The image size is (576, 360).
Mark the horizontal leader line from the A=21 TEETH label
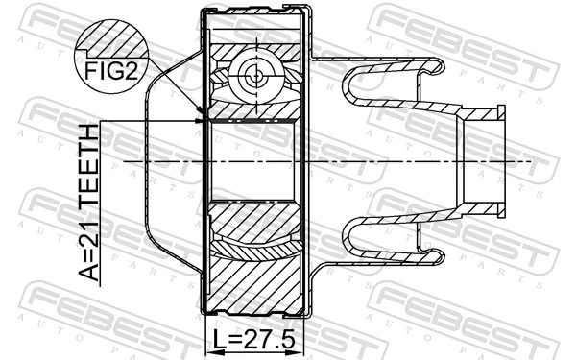[144, 121]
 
